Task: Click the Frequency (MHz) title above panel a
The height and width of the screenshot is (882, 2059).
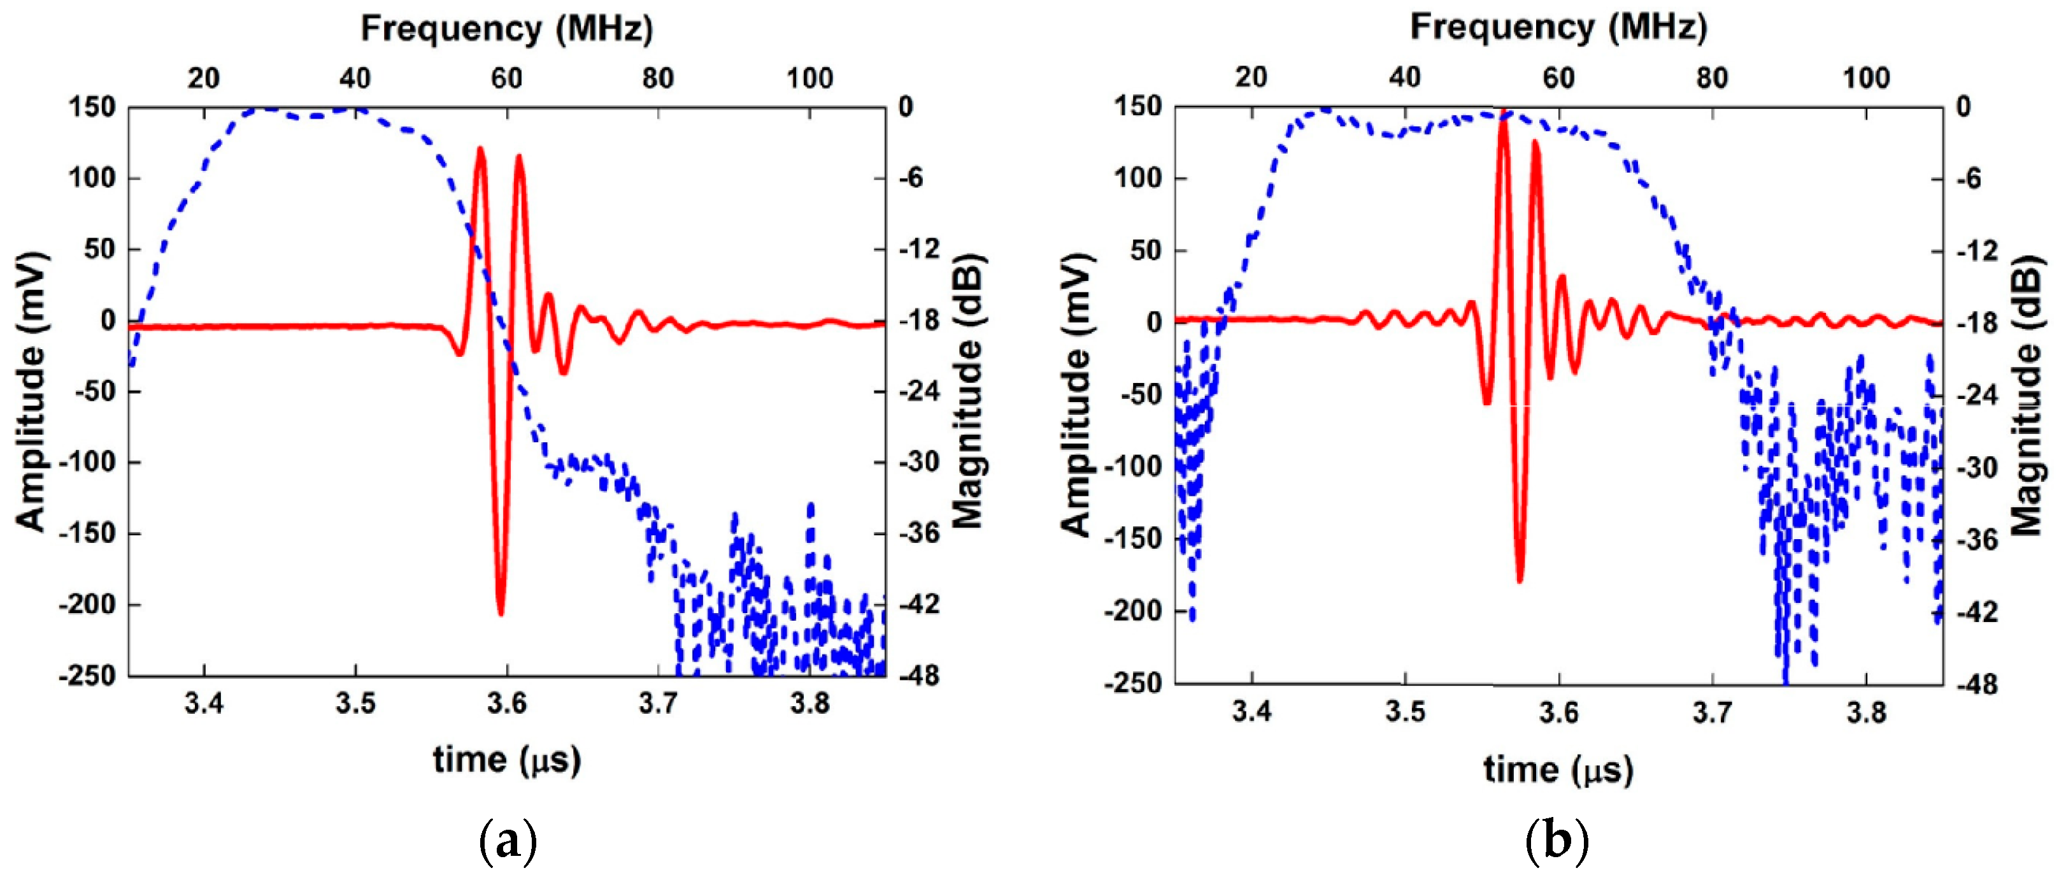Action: (507, 29)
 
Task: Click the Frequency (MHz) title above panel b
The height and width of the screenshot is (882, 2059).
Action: (1558, 27)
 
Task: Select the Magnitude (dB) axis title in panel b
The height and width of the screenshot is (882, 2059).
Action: (2027, 395)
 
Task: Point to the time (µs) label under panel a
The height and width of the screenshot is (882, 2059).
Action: (507, 759)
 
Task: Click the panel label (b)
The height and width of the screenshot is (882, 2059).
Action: (1557, 841)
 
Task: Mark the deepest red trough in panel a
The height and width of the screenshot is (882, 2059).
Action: (501, 612)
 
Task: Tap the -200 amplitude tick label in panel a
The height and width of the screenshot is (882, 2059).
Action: (88, 605)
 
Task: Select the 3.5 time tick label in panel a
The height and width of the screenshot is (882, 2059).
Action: (355, 704)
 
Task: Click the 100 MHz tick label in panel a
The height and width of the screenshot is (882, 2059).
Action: (809, 78)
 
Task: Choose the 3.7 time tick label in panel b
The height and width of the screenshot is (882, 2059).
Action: (1711, 712)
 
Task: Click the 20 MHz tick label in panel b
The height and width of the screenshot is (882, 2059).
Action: (1251, 78)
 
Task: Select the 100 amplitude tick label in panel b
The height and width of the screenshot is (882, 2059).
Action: (1138, 178)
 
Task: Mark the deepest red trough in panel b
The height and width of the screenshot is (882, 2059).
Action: (1520, 580)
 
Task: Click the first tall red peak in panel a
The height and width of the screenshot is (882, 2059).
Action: (480, 150)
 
